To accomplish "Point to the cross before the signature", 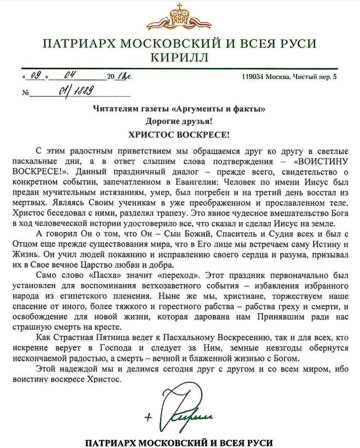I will point(149,417).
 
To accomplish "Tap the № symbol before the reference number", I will point(26,94).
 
